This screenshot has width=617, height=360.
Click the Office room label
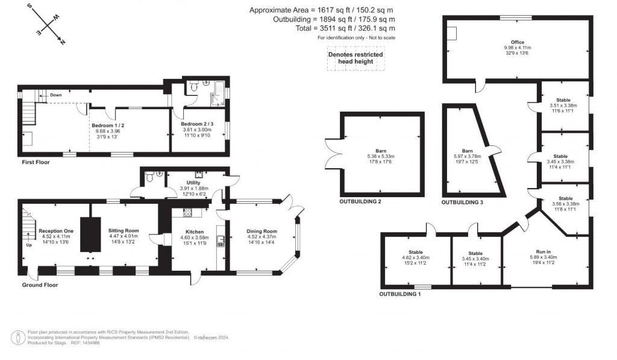coord(517,42)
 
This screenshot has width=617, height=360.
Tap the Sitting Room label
coord(124,230)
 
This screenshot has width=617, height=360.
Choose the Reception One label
coord(55,230)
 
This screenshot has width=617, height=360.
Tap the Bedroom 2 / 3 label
coord(198,124)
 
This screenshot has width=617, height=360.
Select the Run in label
coord(543,251)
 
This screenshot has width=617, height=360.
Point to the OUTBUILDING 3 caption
coord(462,203)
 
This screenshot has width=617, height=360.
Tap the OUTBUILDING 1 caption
coord(400,294)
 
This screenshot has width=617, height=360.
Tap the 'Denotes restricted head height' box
coord(355,58)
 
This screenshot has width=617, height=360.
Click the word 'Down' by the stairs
coord(55,95)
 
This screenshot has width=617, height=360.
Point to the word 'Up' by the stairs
coord(29,245)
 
